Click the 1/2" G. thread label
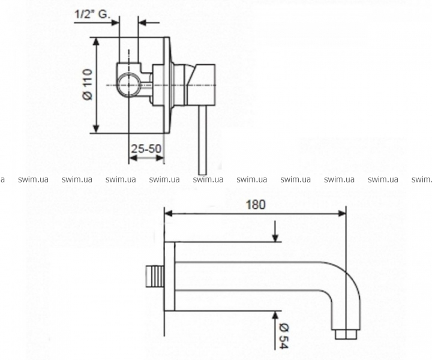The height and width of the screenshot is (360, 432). (92, 14)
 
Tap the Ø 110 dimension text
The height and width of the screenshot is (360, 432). (88, 85)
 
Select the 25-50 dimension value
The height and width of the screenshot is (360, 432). (146, 149)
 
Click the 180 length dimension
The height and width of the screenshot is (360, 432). (256, 205)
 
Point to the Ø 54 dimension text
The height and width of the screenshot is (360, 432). (284, 337)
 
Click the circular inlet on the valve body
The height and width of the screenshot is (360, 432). (128, 85)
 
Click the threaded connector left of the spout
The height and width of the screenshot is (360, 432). (155, 277)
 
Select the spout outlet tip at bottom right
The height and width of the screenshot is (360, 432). (346, 334)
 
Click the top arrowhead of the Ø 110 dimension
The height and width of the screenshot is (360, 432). (96, 41)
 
